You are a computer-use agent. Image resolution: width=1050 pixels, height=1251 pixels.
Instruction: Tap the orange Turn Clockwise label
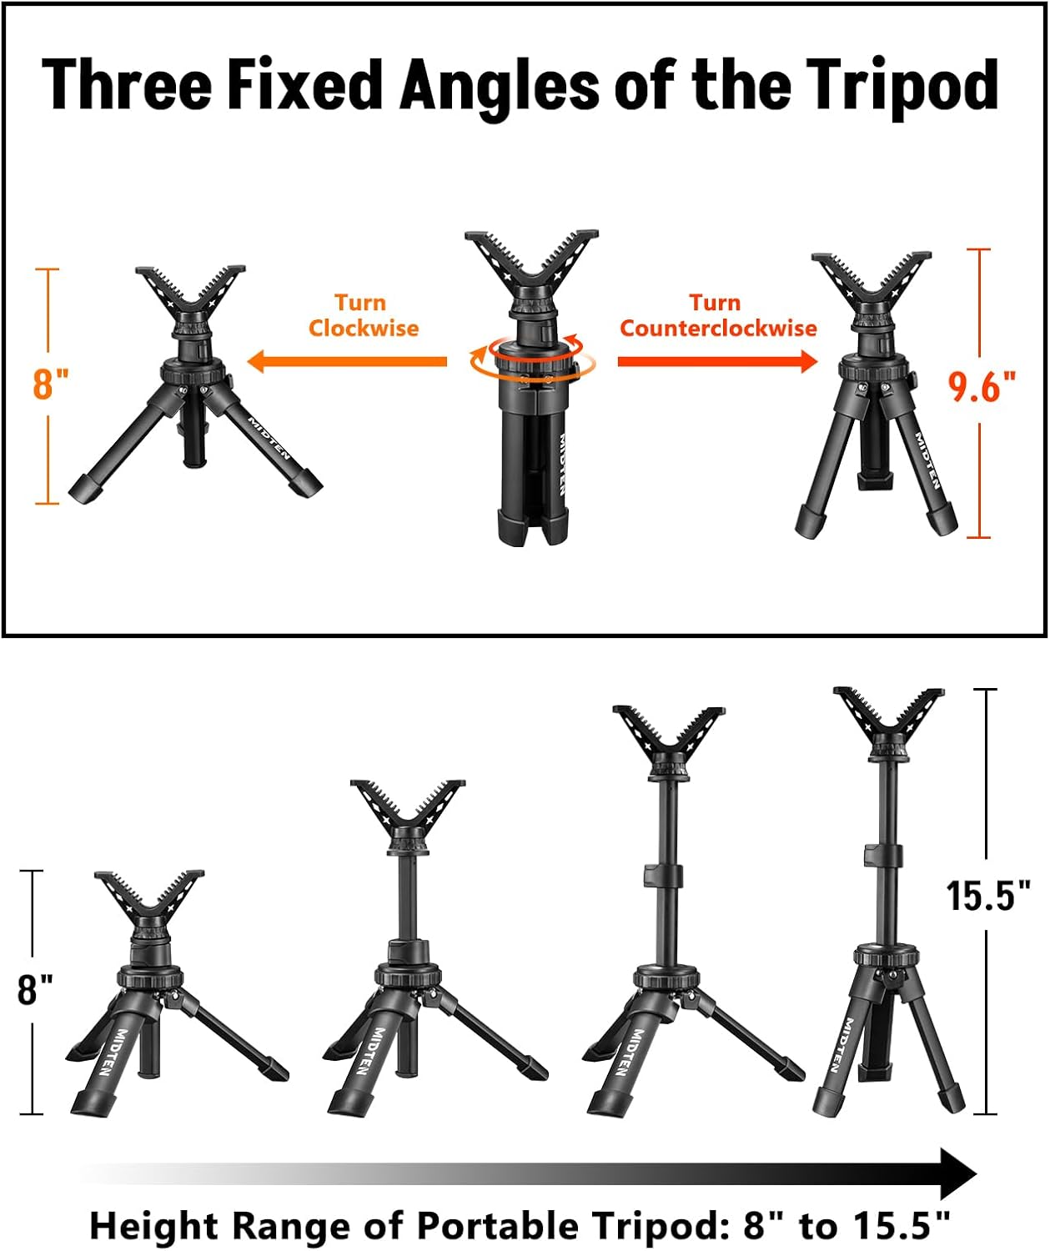pos(363,315)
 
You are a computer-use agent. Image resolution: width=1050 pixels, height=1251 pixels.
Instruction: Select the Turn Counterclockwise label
pos(717,315)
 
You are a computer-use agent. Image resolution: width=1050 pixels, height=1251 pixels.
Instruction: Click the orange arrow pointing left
pos(347,361)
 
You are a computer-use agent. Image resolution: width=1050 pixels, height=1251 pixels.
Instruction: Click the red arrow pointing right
pos(717,360)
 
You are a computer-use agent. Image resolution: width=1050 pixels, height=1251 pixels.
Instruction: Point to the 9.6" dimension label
pos(982,386)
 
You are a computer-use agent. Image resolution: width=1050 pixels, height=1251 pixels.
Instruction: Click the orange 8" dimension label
pos(50,384)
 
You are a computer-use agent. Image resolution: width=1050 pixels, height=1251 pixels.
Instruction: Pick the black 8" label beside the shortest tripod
pos(34,989)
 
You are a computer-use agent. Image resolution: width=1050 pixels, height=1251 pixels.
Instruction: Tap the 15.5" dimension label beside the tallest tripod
pos(987,896)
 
